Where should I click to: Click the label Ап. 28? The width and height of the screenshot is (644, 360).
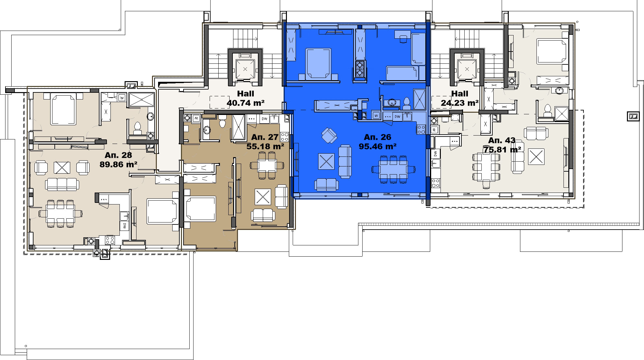[118, 155]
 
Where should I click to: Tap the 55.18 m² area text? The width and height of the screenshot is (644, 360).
[265, 147]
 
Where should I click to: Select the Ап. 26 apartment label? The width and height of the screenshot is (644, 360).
[377, 137]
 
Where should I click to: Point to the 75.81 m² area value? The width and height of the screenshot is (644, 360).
[502, 150]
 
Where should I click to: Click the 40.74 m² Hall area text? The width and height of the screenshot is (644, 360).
[246, 103]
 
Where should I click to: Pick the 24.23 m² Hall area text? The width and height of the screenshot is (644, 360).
[459, 103]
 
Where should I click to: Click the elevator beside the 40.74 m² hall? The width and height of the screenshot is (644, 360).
[245, 69]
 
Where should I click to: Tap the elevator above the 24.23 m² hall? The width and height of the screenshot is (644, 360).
[467, 69]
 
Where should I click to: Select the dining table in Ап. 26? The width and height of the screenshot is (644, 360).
[393, 169]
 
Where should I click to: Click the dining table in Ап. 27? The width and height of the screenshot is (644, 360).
[267, 166]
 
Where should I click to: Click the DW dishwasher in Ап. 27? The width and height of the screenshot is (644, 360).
[264, 119]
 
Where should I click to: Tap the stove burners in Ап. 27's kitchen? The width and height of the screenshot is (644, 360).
[284, 137]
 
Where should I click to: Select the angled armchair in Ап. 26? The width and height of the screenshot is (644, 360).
[329, 135]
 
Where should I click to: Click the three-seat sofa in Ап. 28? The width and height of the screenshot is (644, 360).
[62, 185]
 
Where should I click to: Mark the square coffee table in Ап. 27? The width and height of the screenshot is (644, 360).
[263, 197]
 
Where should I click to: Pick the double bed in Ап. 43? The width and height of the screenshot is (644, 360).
[552, 51]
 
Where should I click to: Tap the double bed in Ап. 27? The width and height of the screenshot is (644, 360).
[200, 209]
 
